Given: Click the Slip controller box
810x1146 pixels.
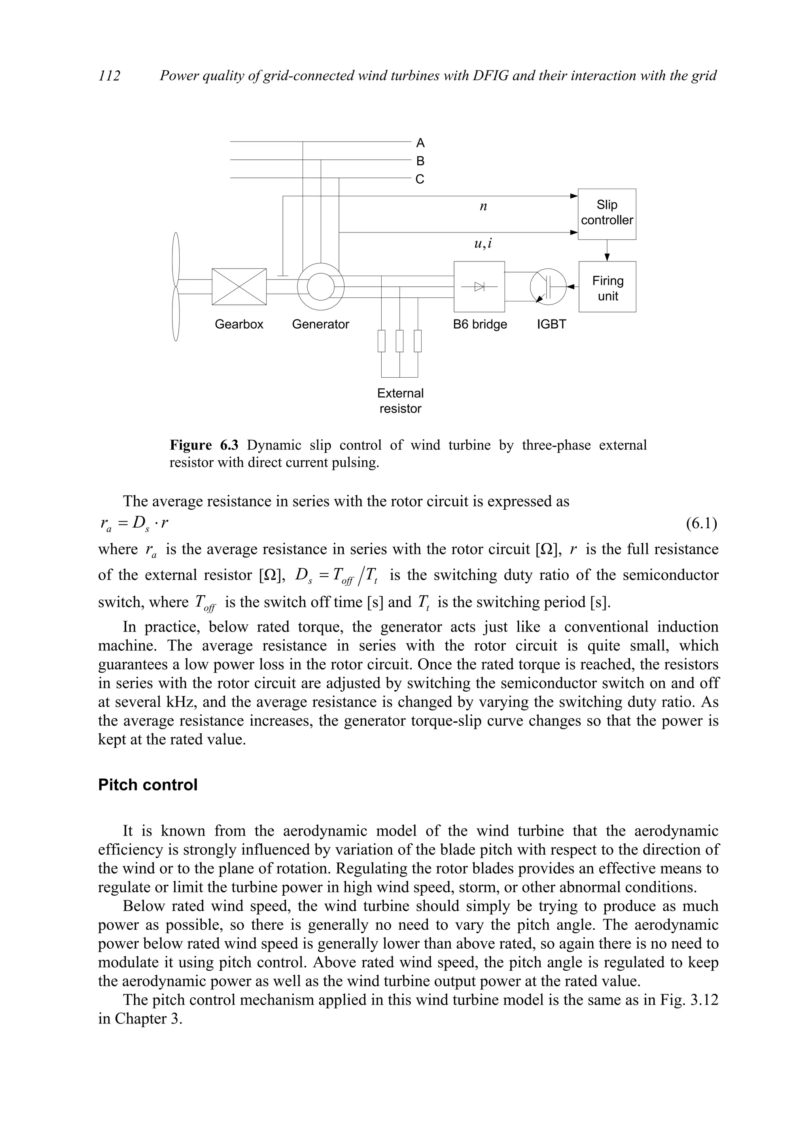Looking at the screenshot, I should pyautogui.click(x=606, y=214).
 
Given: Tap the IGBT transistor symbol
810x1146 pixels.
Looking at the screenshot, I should pyautogui.click(x=548, y=287).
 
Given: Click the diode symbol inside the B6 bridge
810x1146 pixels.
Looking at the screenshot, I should pyautogui.click(x=479, y=286).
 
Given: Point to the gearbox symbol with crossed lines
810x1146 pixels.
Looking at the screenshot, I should pyautogui.click(x=239, y=286).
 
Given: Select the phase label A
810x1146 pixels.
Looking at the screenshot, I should pyautogui.click(x=420, y=143).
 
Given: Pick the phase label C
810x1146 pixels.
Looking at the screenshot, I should pyautogui.click(x=420, y=179).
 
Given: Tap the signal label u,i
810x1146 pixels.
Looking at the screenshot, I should pyautogui.click(x=483, y=244).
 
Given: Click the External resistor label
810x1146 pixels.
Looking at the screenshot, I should pyautogui.click(x=400, y=401).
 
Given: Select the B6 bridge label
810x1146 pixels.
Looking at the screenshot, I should pyautogui.click(x=480, y=324).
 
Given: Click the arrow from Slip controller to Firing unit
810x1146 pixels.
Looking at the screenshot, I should pyautogui.click(x=607, y=251).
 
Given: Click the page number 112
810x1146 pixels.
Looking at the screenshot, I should pyautogui.click(x=109, y=76).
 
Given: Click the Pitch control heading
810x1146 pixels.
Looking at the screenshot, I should pyautogui.click(x=148, y=785).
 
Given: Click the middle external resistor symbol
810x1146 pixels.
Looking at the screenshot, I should pyautogui.click(x=399, y=341).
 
